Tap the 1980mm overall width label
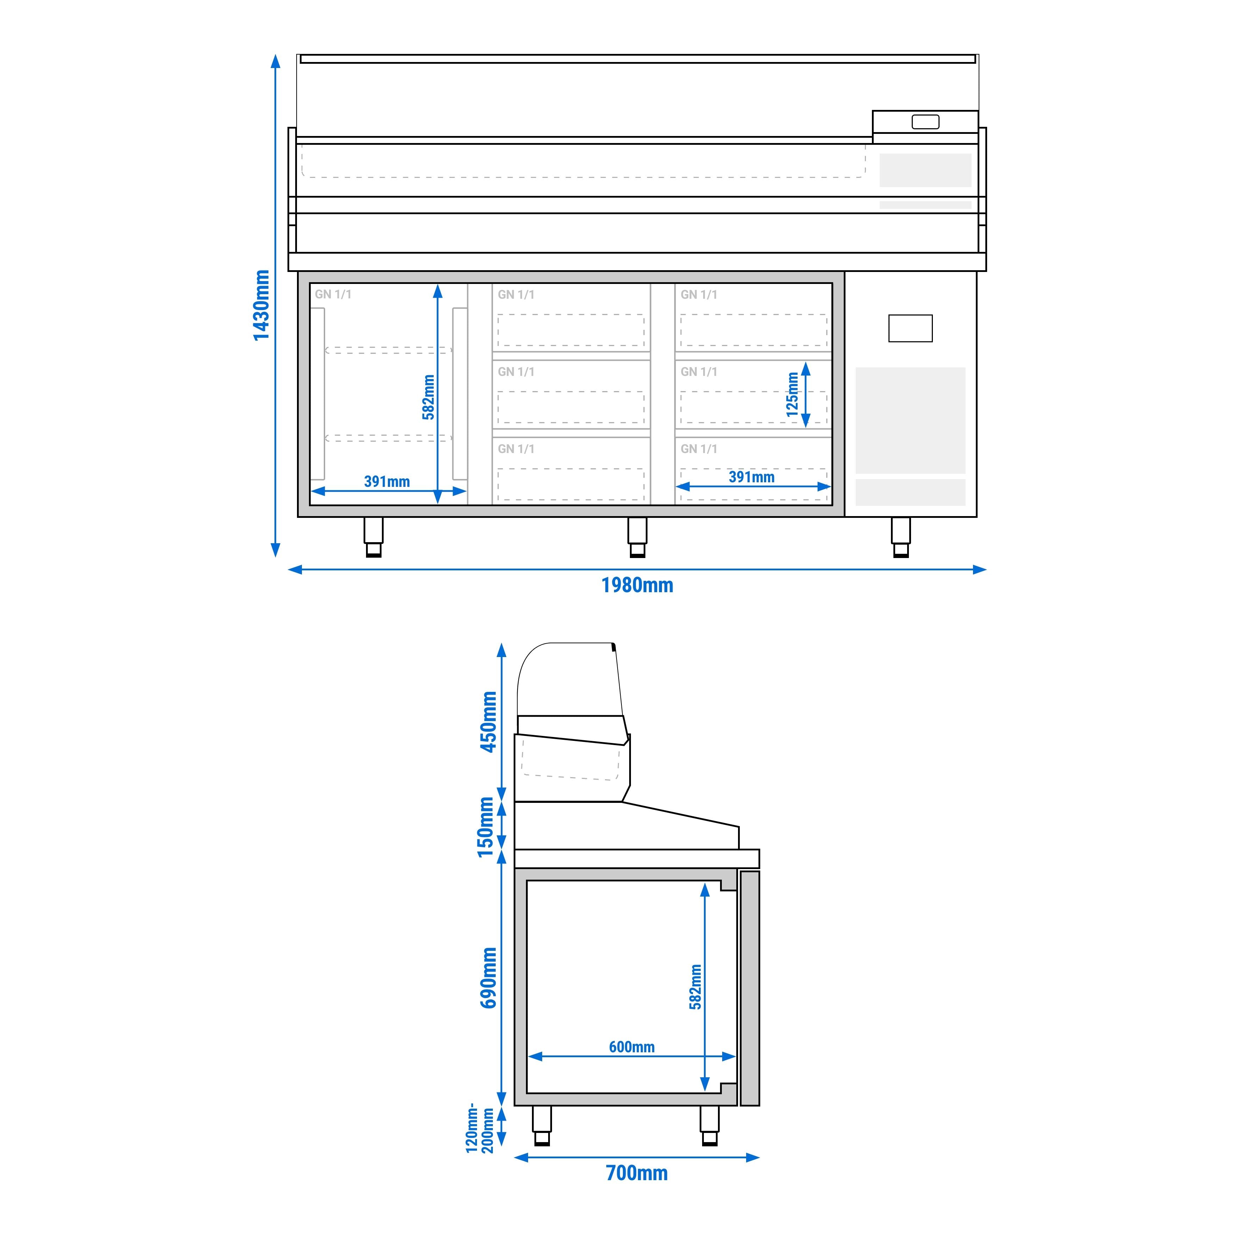[x=637, y=585]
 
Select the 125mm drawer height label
[x=792, y=395]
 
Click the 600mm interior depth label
[x=631, y=1047]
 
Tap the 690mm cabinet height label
[x=488, y=978]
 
